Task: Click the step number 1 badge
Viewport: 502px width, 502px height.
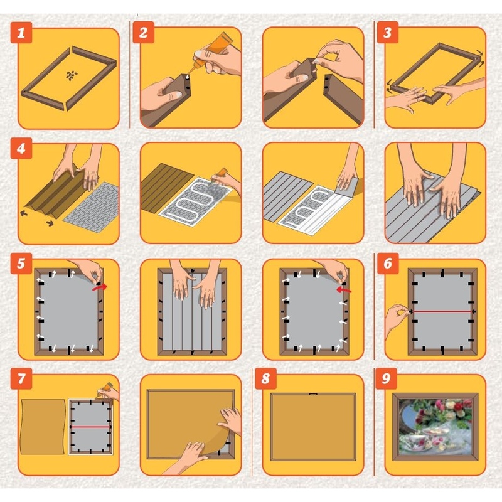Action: point(21,33)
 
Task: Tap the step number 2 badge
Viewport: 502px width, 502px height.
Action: point(144,33)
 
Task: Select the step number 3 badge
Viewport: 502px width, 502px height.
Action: point(387,33)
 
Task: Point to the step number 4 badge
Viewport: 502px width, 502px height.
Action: point(21,148)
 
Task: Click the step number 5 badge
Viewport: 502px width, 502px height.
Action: point(21,264)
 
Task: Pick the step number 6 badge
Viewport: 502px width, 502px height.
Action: point(388,264)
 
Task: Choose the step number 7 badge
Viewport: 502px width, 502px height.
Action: point(21,379)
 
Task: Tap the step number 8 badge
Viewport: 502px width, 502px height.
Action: point(265,379)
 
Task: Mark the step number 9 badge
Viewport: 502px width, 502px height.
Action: point(386,379)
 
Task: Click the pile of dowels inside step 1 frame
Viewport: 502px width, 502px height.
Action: point(72,75)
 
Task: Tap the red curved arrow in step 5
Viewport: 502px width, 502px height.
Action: point(100,287)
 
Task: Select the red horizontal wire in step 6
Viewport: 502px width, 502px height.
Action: point(442,311)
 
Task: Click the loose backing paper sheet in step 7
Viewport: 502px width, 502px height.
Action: point(43,427)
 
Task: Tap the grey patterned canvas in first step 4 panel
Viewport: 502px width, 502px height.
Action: point(92,208)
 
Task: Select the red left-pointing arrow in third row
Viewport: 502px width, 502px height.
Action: point(344,290)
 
